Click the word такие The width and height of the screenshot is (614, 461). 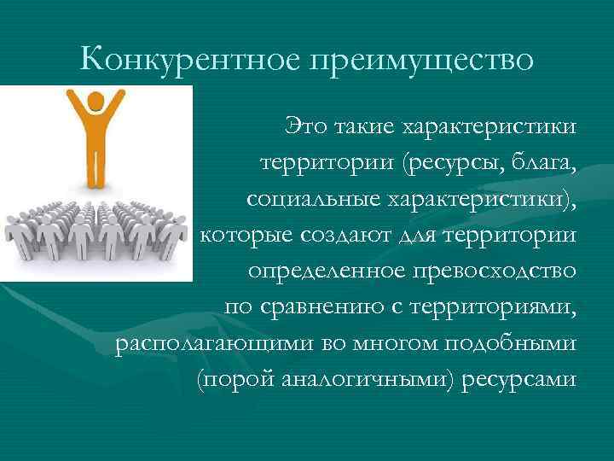[364, 126]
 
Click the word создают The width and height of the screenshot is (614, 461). [345, 235]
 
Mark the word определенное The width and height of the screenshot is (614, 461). [327, 271]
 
